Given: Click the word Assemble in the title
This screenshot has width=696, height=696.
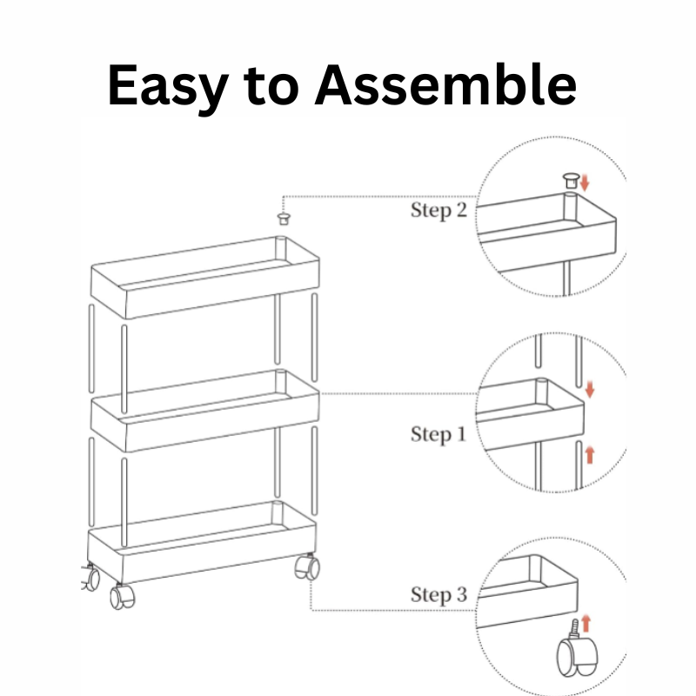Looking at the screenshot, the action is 445,84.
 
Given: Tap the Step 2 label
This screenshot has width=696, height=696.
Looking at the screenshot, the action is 438,210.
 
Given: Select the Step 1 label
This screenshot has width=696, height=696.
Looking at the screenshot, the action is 438,434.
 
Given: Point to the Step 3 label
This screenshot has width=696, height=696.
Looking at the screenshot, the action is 438,595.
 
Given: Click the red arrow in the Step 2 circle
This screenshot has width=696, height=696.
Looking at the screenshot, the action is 584,183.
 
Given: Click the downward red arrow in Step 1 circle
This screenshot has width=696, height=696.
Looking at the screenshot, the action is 590,389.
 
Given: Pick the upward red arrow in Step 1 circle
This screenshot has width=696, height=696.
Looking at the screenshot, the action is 590,455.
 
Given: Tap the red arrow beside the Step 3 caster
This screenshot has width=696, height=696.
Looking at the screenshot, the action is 586,623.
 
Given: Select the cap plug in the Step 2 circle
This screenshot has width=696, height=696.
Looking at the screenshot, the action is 571,180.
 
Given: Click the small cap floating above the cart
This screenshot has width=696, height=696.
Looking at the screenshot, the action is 284,218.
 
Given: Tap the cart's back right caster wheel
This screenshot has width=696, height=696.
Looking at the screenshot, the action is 307,566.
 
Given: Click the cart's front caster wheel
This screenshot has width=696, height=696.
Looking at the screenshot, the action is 123,597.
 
